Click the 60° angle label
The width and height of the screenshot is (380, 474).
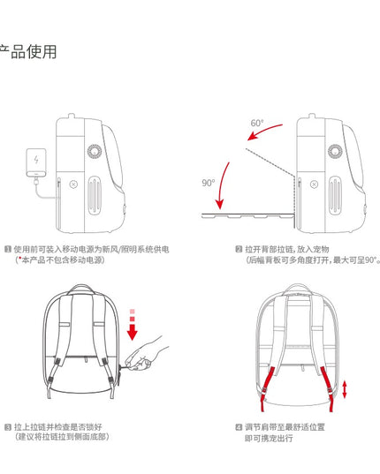pyautogui.click(x=257, y=123)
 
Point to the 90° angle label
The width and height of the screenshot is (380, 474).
pyautogui.click(x=209, y=183)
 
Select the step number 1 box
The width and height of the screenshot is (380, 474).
pyautogui.click(x=8, y=250)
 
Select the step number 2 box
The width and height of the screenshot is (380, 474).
pyautogui.click(x=239, y=250)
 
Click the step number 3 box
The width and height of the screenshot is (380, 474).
pyautogui.click(x=8, y=426)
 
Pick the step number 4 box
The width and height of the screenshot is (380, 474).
pyautogui.click(x=239, y=426)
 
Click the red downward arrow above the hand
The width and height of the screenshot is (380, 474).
pyautogui.click(x=133, y=327)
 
